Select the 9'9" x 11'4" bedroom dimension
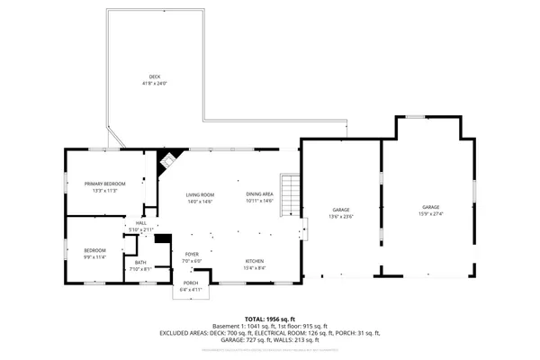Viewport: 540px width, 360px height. click(95, 257)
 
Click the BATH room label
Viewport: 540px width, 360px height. click(140, 262)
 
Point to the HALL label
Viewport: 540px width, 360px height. click(141, 223)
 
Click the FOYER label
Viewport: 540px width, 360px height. click(192, 255)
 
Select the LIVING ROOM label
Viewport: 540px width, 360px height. click(200, 194)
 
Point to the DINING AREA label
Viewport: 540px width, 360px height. click(259, 194)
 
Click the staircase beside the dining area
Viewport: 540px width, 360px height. click(289, 194)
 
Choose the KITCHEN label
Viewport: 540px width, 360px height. click(256, 261)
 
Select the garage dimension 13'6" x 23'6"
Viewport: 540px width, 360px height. click(341, 217)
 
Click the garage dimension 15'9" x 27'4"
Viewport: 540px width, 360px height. click(431, 213)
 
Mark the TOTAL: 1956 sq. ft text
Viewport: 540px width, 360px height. click(269, 319)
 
